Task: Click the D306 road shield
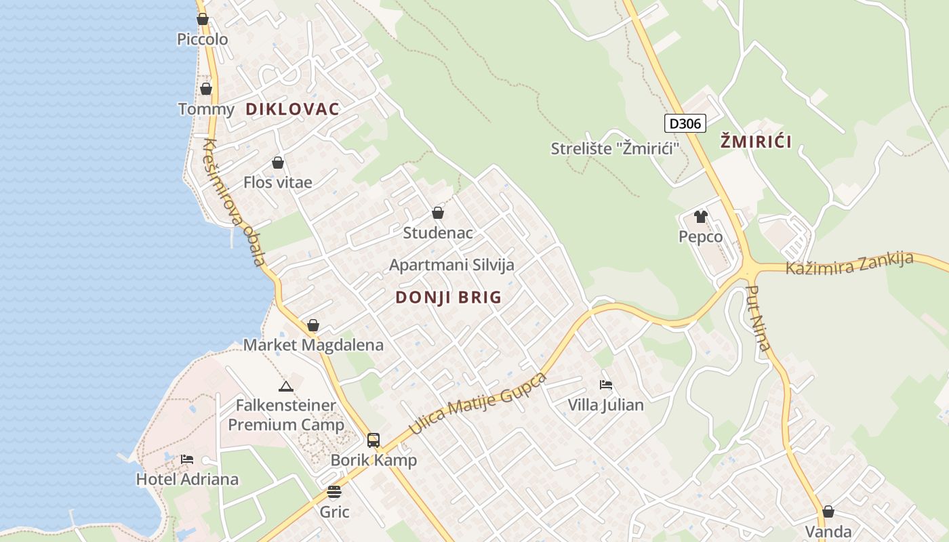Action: tap(685, 123)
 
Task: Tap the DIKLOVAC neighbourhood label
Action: tap(292, 109)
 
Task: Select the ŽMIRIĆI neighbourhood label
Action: tap(756, 142)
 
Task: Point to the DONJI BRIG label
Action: tap(448, 297)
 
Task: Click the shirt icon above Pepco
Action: tap(700, 217)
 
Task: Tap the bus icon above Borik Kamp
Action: tap(373, 440)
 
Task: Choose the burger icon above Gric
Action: tap(334, 492)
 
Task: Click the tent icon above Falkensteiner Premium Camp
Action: tap(285, 386)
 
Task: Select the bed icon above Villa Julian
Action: tap(606, 385)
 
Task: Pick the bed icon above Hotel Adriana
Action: tap(187, 459)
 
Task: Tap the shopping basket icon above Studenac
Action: tap(438, 213)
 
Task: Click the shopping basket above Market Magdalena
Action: tap(313, 325)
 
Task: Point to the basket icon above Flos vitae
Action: tap(278, 163)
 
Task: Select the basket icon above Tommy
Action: tap(206, 89)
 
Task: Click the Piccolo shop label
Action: tap(202, 39)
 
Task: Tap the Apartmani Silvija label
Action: tap(451, 265)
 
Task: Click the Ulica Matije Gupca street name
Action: tap(478, 404)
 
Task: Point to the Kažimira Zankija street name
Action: tap(849, 264)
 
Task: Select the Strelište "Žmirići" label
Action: tap(615, 148)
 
